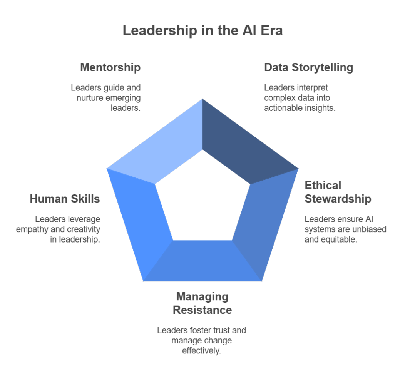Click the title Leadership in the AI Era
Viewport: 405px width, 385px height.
(x=202, y=30)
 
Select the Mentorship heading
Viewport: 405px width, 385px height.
(x=110, y=67)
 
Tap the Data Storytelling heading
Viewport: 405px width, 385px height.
(x=308, y=67)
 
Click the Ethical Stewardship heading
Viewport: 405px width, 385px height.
(x=338, y=192)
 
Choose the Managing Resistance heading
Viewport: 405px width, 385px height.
(x=202, y=303)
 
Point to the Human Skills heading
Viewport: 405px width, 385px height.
(x=65, y=199)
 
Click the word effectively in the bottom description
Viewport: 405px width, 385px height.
(x=202, y=351)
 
